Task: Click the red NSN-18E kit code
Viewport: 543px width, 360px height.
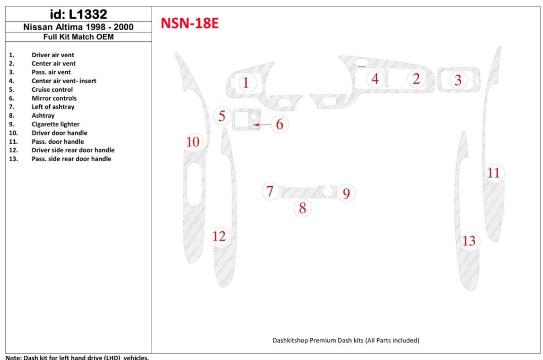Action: (189, 23)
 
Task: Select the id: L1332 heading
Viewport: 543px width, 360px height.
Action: (78, 14)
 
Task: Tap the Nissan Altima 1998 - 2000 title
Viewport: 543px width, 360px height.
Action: (78, 27)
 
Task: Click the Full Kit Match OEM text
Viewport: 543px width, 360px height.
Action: (78, 37)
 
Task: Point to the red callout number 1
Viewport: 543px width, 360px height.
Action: (246, 82)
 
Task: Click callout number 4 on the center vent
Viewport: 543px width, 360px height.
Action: (375, 79)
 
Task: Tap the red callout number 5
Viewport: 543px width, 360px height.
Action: (222, 116)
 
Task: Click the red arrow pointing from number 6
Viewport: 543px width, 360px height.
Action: (262, 125)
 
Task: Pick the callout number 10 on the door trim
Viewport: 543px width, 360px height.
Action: (193, 142)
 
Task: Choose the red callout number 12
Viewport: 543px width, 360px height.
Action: (220, 236)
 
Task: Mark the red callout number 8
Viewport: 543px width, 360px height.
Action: (302, 208)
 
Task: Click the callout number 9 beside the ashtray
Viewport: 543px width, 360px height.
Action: (346, 193)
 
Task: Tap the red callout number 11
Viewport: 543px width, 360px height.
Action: (494, 173)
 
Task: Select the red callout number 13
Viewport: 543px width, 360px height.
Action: (469, 241)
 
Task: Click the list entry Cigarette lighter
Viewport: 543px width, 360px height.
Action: (55, 124)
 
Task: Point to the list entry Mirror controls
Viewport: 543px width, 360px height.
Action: (54, 98)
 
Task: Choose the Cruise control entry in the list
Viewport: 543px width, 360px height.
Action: (52, 90)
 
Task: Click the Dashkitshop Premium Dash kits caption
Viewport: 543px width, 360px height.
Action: (346, 340)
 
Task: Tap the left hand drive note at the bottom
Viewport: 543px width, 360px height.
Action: (77, 357)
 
